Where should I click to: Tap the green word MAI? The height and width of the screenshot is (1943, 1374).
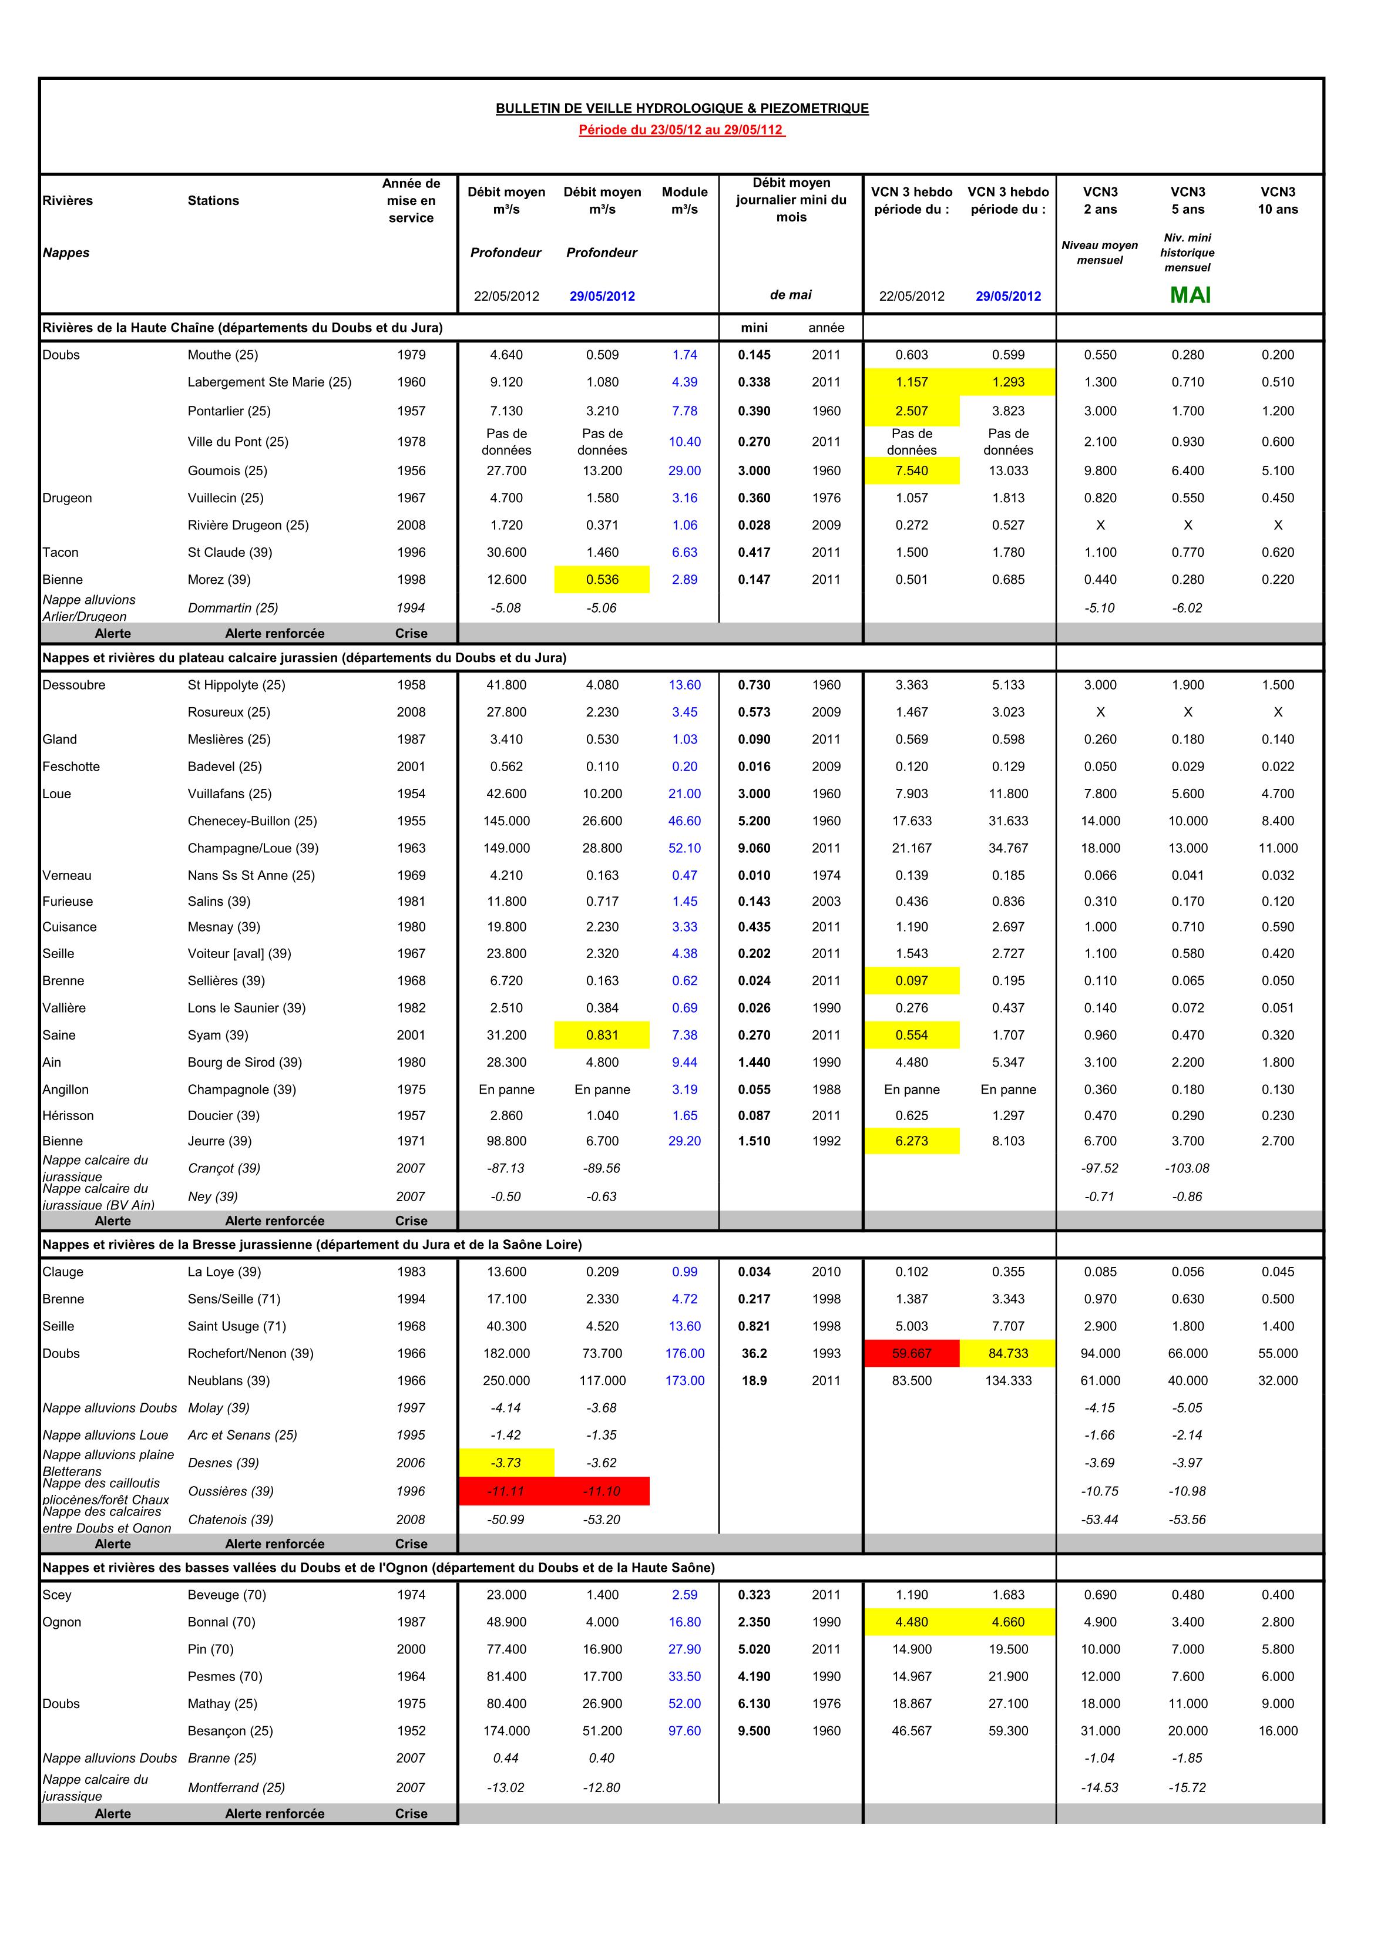(1190, 295)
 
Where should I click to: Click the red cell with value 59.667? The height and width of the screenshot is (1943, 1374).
(911, 1353)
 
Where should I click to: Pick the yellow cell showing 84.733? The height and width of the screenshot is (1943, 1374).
(1007, 1353)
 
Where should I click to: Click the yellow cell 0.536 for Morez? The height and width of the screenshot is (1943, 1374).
(602, 580)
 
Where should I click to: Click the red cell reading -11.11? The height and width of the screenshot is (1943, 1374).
(506, 1491)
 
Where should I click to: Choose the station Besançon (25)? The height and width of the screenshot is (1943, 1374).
(230, 1730)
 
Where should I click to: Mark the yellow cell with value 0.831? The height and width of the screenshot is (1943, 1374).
(602, 1035)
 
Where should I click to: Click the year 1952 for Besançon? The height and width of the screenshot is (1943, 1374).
(411, 1730)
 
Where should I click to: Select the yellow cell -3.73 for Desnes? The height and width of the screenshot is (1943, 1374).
(506, 1463)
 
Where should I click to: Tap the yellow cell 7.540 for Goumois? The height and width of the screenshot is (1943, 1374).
(911, 470)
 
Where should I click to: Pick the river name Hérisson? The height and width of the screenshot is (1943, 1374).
(68, 1115)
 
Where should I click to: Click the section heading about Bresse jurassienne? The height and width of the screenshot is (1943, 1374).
(311, 1244)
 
